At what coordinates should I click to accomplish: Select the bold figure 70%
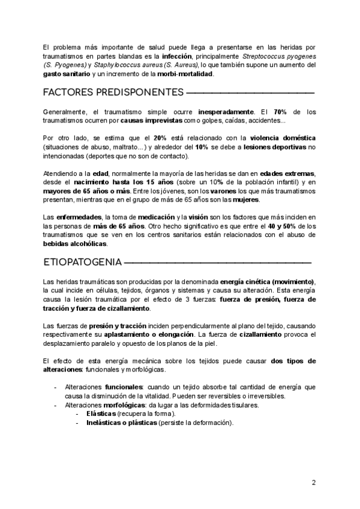click(280, 112)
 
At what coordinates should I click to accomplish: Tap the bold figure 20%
click(160, 139)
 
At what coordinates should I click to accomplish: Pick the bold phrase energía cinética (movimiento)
click(268, 282)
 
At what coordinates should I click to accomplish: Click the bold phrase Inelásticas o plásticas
click(121, 423)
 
